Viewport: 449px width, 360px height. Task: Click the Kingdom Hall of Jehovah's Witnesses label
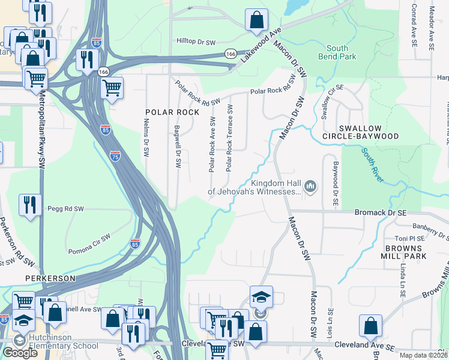click(253, 187)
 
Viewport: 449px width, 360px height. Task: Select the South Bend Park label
click(341, 52)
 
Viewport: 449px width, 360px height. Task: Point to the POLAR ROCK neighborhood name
click(171, 112)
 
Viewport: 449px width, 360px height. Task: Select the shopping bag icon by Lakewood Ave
click(256, 20)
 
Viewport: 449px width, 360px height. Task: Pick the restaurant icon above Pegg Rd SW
click(29, 205)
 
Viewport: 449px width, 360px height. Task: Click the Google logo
click(20, 352)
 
